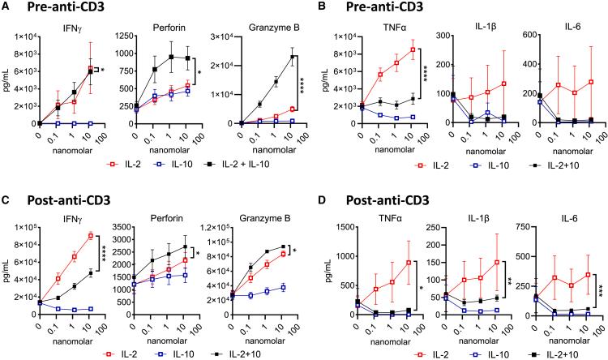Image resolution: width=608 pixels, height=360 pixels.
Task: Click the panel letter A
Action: [6, 6]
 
